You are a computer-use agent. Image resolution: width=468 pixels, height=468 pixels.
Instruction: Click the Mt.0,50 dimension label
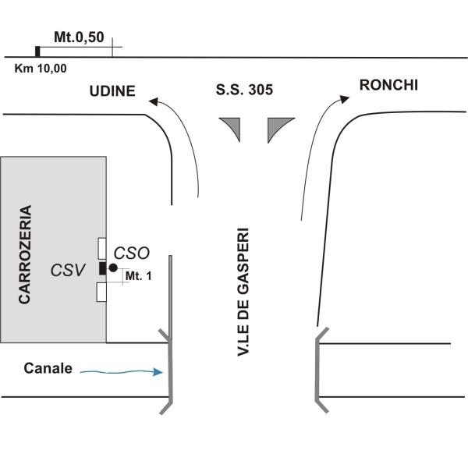(79, 37)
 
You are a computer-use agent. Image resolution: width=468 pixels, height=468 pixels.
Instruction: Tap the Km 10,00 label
(41, 69)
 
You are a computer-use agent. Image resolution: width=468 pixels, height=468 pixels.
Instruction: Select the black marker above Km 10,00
(37, 51)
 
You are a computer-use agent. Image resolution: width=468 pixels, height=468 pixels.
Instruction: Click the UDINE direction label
(112, 91)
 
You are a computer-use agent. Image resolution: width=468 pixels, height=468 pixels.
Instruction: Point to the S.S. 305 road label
(244, 90)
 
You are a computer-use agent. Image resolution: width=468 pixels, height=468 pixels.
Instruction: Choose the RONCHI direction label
(388, 85)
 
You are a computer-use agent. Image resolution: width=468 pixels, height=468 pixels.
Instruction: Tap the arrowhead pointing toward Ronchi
(345, 99)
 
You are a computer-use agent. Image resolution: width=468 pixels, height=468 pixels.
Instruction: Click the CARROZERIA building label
(25, 254)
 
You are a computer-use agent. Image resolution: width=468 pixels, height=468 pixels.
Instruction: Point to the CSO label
(132, 253)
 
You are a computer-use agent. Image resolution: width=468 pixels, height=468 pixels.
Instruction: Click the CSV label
(68, 270)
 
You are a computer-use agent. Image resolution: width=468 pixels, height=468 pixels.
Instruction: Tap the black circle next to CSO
(113, 268)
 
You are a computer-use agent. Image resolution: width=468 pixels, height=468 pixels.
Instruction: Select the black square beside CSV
(103, 268)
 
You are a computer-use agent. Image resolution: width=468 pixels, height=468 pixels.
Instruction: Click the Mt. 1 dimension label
(139, 276)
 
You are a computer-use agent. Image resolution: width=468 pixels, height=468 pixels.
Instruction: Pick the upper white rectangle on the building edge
(102, 248)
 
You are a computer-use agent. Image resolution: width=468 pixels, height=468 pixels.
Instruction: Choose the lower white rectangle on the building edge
(101, 292)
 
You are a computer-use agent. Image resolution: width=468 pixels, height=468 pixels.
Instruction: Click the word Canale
(48, 368)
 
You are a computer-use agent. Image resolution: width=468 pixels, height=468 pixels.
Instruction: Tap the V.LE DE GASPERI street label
(243, 292)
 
